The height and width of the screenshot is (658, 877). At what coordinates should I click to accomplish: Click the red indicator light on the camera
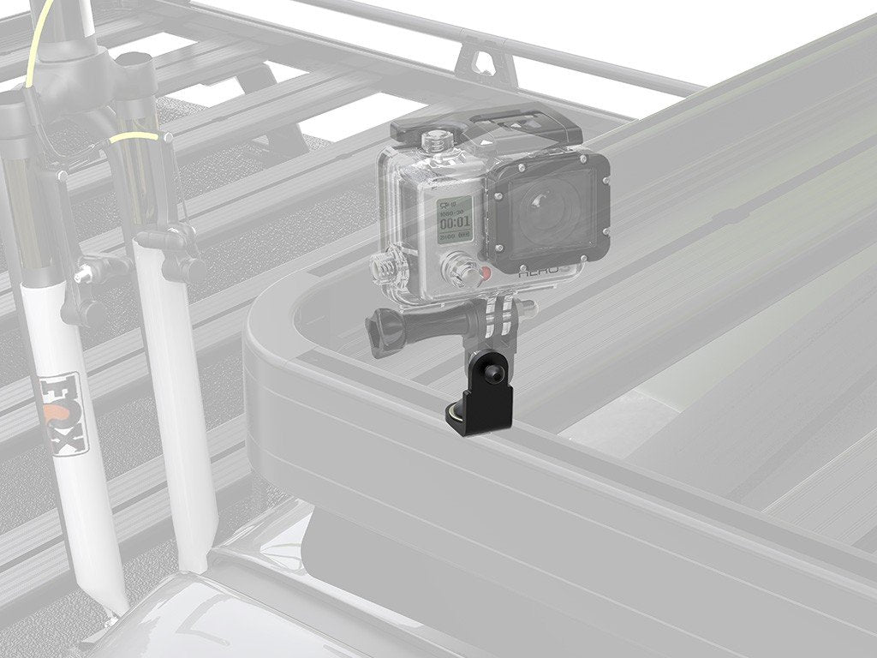tap(485, 275)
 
